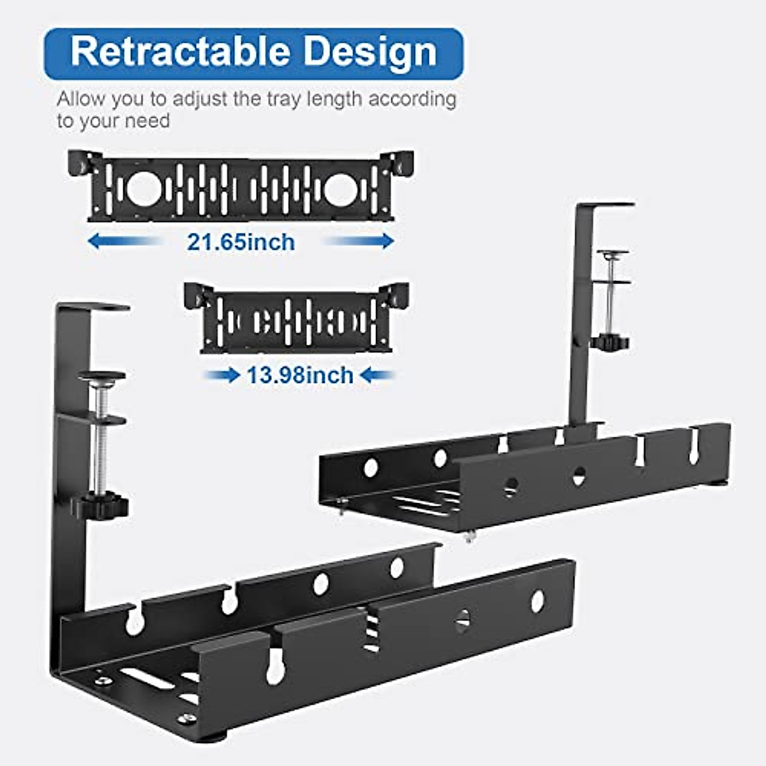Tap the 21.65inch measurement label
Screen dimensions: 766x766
click(x=241, y=243)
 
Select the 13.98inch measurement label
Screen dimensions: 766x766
click(x=300, y=375)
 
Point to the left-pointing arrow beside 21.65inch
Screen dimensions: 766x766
click(x=121, y=241)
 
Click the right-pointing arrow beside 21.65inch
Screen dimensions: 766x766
click(x=361, y=241)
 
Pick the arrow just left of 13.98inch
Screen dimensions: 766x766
click(x=222, y=375)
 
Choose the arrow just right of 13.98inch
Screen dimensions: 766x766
click(x=377, y=375)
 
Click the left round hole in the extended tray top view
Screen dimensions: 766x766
click(x=142, y=189)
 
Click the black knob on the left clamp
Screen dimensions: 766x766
click(x=100, y=507)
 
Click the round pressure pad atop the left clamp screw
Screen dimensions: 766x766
click(x=101, y=376)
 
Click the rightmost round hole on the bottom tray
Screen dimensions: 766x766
click(x=537, y=600)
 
